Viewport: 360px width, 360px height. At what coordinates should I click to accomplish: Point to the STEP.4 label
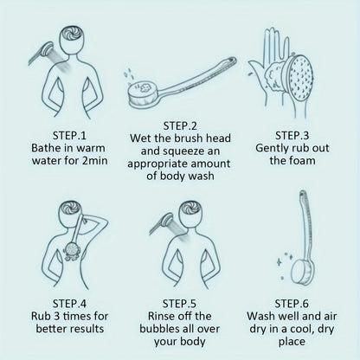tap(70, 303)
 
